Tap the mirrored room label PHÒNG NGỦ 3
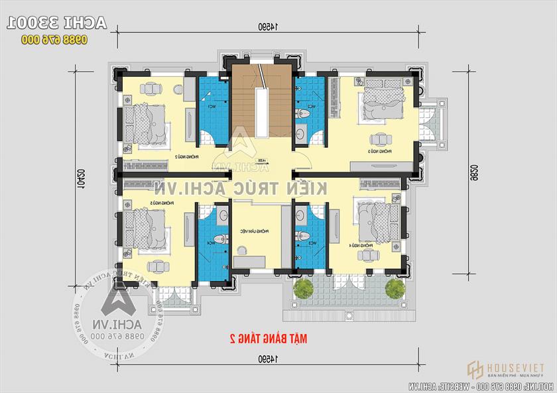click(379, 152)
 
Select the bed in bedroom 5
click(145, 226)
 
